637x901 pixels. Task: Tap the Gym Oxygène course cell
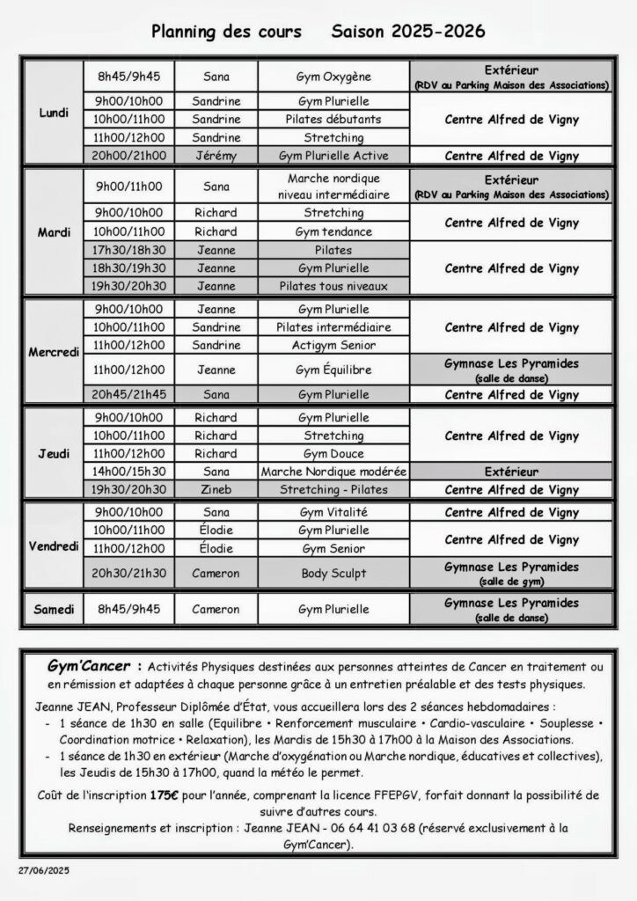click(x=333, y=77)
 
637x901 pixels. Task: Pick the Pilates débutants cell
click(x=333, y=119)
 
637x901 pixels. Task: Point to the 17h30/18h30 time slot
click(x=128, y=250)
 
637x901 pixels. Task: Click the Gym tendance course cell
click(x=333, y=231)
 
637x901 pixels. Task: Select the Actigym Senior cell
click(x=333, y=345)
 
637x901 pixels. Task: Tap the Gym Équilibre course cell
click(x=333, y=370)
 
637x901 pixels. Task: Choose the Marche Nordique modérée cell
click(x=333, y=472)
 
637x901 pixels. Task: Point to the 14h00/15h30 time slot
click(x=128, y=472)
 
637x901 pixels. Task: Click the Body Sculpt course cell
click(x=333, y=573)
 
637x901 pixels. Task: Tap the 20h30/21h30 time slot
click(x=128, y=573)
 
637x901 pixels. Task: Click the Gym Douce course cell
click(x=333, y=453)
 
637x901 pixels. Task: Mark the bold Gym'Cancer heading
click(x=94, y=666)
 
